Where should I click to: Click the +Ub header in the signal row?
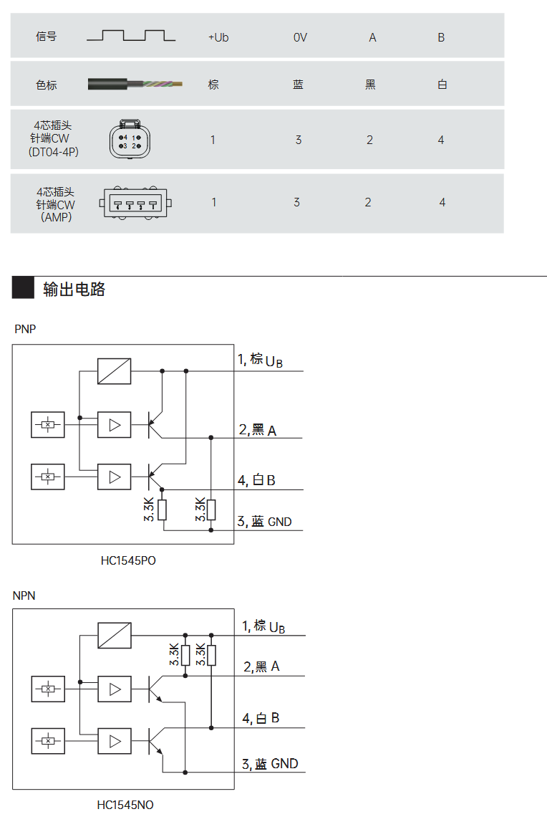(218, 37)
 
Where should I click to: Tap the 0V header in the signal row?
(300, 37)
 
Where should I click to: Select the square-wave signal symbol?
(132, 36)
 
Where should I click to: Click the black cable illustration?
(135, 85)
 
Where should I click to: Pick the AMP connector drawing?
(136, 203)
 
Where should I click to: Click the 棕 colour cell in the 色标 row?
(213, 85)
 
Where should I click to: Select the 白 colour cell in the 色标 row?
(442, 85)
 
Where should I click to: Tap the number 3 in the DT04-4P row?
(299, 140)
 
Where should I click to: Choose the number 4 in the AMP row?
(442, 203)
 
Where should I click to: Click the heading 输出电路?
(74, 289)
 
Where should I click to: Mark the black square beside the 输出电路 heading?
(23, 288)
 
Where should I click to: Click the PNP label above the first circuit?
(25, 329)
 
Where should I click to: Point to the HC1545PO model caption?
(128, 560)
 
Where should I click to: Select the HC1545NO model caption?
(125, 805)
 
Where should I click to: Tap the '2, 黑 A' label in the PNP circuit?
(257, 430)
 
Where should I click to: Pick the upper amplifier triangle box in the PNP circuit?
(115, 425)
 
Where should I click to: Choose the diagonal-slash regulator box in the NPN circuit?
(115, 635)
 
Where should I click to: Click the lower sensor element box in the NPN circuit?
(48, 740)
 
